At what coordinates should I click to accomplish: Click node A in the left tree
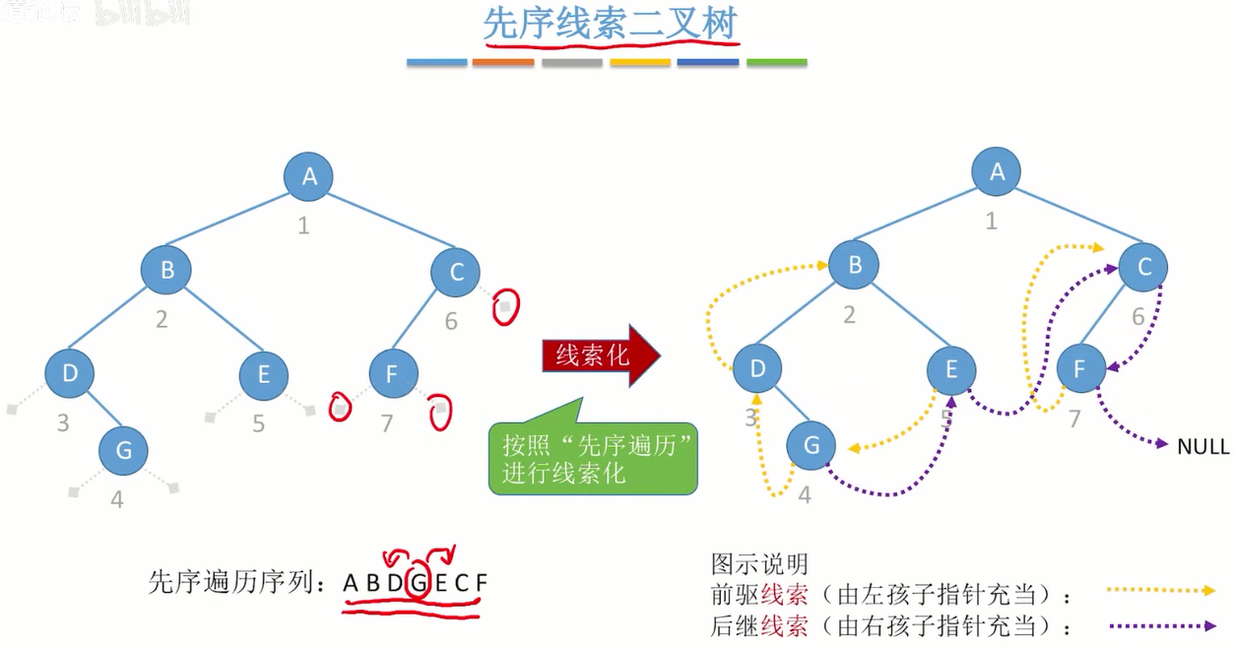point(308,176)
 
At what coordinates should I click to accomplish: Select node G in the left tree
point(123,451)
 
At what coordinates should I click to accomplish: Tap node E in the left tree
point(264,374)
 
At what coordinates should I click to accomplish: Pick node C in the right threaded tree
point(1143,267)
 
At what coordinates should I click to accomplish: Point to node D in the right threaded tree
point(757,369)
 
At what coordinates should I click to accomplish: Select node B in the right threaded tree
point(853,265)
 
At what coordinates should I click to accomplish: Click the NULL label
point(1202,447)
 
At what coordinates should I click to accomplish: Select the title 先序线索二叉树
point(610,27)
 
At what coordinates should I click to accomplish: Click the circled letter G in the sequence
point(418,583)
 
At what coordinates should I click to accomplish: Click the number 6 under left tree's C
point(451,321)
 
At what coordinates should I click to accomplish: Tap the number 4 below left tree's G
point(117,499)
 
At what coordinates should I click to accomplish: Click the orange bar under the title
point(502,62)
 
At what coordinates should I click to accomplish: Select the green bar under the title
point(776,62)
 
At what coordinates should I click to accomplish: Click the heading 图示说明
point(759,563)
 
